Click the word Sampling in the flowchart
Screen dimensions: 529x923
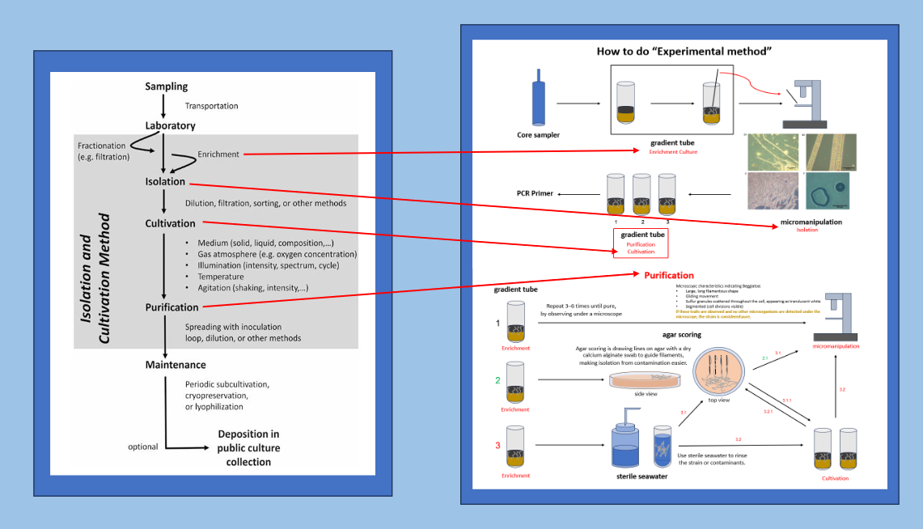167,87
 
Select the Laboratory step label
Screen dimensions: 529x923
171,126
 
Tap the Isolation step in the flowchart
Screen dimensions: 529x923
165,182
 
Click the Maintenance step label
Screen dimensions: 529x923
176,365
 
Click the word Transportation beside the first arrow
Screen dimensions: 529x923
211,106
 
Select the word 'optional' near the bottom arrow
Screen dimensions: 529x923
142,446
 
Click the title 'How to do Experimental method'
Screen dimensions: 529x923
684,52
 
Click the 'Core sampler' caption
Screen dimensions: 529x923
539,134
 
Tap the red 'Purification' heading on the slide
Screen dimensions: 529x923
669,275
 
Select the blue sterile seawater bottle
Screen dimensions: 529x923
626,443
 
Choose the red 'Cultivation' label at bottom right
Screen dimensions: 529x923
836,478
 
